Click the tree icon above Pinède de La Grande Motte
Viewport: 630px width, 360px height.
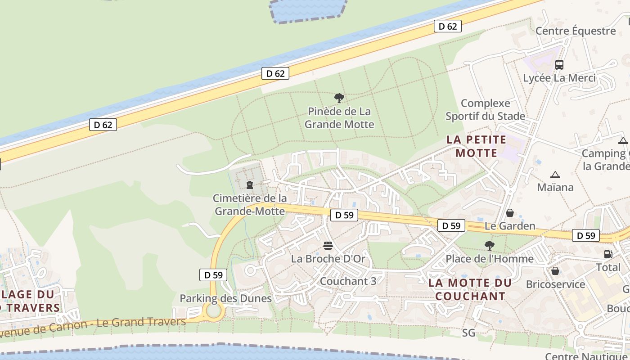point(339,98)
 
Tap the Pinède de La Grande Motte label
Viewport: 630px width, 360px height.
point(339,117)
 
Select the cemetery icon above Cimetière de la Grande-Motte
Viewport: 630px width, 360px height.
point(250,184)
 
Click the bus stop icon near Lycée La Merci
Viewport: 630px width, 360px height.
point(559,64)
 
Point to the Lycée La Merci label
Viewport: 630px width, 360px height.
point(559,78)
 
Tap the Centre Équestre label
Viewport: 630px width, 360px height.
point(576,31)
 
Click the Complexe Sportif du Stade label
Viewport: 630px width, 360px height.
point(485,110)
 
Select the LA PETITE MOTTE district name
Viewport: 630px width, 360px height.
point(477,146)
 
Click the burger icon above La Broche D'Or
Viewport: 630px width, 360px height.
point(328,246)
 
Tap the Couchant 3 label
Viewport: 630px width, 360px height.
point(348,281)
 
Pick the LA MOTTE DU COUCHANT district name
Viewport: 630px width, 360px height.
point(470,289)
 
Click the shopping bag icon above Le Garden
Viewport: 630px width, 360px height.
point(510,212)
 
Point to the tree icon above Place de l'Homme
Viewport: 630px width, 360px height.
point(489,246)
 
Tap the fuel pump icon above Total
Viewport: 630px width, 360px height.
point(608,254)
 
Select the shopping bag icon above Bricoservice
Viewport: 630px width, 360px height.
point(555,271)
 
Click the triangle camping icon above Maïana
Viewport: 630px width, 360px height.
point(555,175)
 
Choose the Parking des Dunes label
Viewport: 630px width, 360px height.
point(225,298)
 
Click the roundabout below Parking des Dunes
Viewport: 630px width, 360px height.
point(214,310)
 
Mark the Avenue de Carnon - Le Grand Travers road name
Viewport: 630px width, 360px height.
point(92,327)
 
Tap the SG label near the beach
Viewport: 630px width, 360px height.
point(468,333)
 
